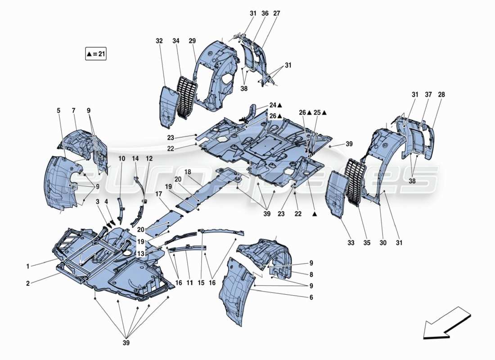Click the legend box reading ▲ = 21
(x=95, y=54)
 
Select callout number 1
(x=28, y=266)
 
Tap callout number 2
(x=28, y=283)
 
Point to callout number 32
(x=159, y=41)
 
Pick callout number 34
(x=175, y=41)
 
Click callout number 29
(x=192, y=41)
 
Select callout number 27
(x=276, y=14)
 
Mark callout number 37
(x=427, y=94)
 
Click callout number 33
(x=351, y=243)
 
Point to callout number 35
(x=367, y=243)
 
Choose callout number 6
(x=311, y=297)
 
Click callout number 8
(x=311, y=274)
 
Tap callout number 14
(x=135, y=158)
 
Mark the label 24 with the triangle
(x=276, y=105)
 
